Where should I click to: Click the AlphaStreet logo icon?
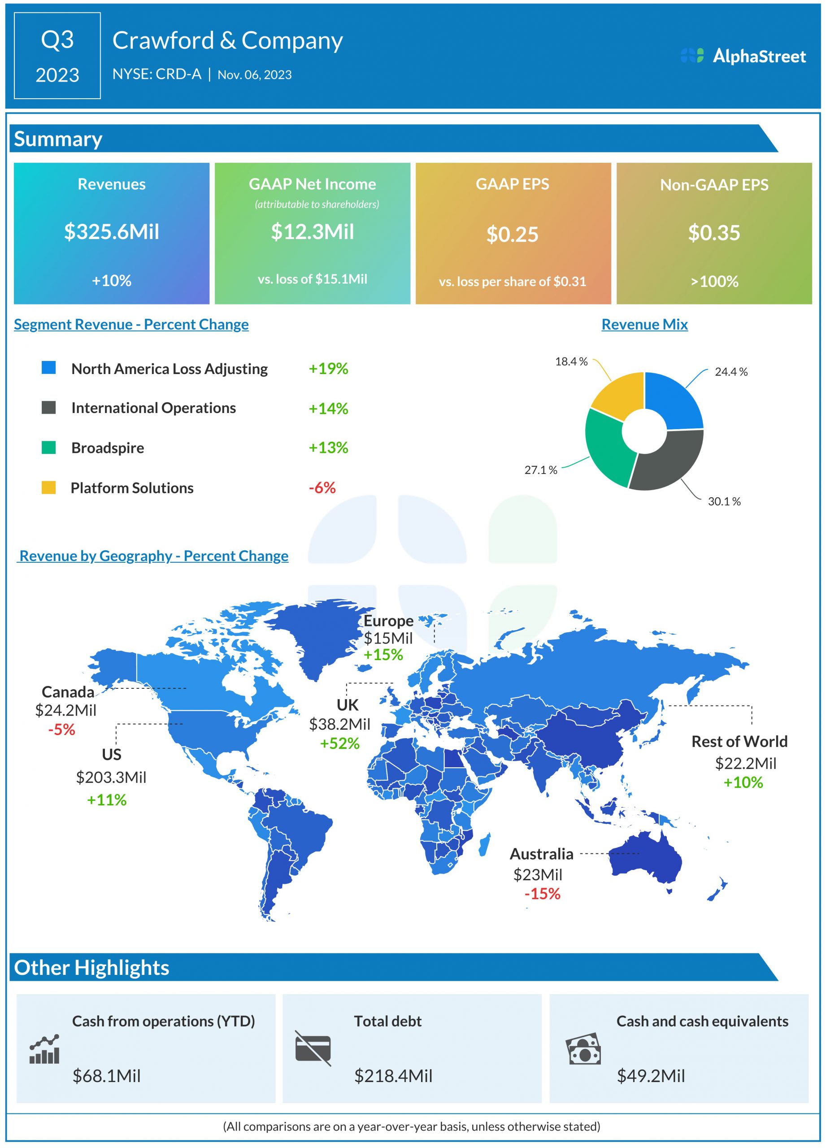[x=691, y=56]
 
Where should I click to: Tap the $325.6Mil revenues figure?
[x=111, y=232]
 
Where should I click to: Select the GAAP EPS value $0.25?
[x=512, y=235]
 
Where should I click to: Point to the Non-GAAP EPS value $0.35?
[x=713, y=233]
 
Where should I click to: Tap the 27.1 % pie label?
[x=540, y=470]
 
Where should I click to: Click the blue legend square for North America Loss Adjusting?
[x=48, y=367]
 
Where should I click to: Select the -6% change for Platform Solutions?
[x=322, y=488]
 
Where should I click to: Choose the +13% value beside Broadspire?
[x=329, y=448]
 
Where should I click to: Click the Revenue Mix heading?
[x=644, y=325]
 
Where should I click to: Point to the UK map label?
[x=347, y=705]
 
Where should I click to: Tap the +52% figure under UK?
[x=339, y=744]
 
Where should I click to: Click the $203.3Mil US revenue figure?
[x=111, y=777]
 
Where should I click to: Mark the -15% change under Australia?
[x=542, y=893]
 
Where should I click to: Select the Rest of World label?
[x=739, y=742]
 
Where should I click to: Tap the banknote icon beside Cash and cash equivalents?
[x=583, y=1049]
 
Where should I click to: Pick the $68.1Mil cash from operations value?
[x=106, y=1076]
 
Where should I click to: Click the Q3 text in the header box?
[x=57, y=39]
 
